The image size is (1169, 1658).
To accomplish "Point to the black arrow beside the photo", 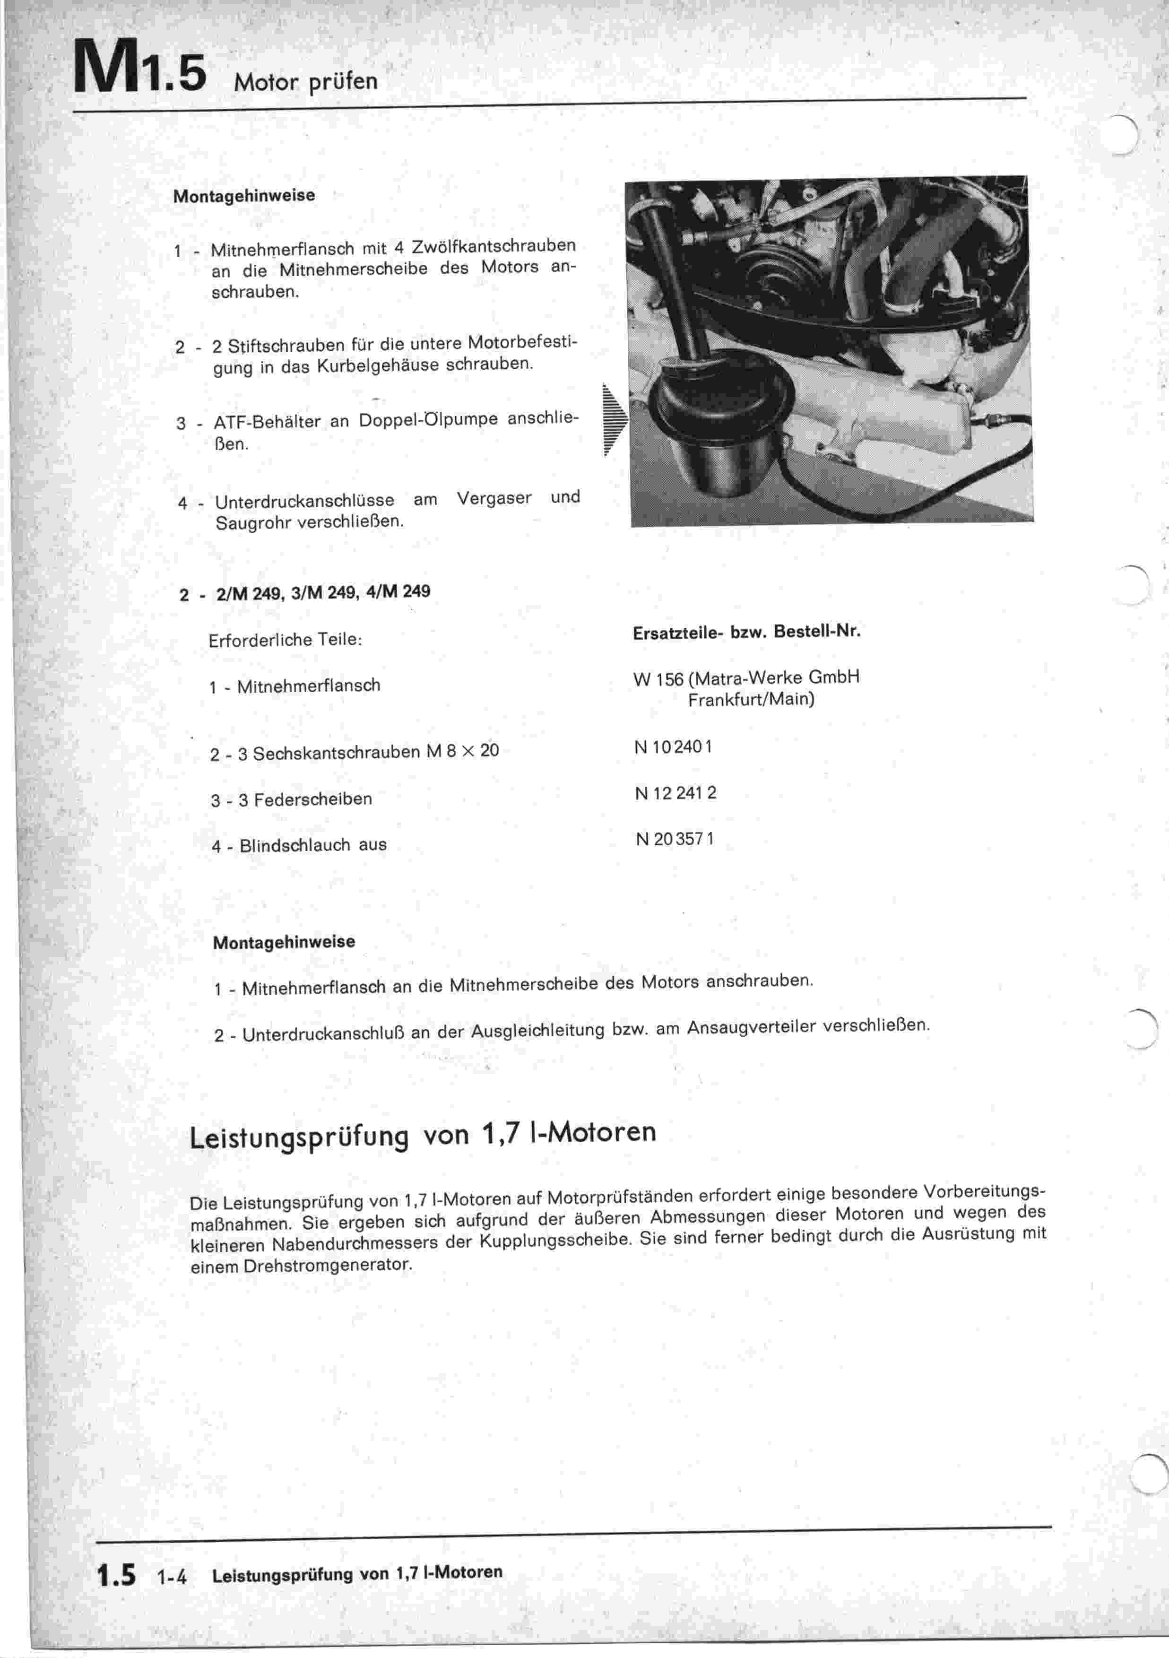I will [x=615, y=420].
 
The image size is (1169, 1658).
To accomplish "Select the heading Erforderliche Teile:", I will [x=285, y=640].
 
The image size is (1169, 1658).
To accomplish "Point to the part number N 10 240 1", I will [x=673, y=747].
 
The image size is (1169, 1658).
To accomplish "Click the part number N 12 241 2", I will [x=675, y=793].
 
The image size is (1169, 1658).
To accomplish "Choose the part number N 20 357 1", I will [x=675, y=839].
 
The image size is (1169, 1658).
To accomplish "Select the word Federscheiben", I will [x=312, y=799].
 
